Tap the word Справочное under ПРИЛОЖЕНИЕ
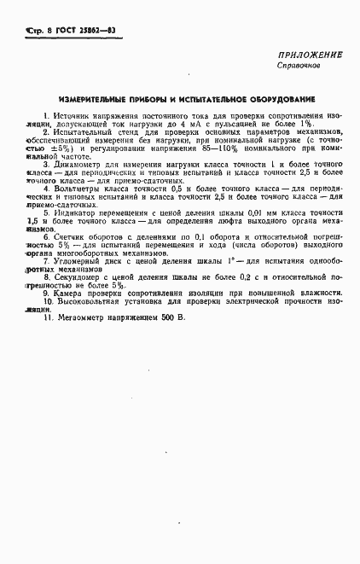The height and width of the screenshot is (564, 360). (x=299, y=65)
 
